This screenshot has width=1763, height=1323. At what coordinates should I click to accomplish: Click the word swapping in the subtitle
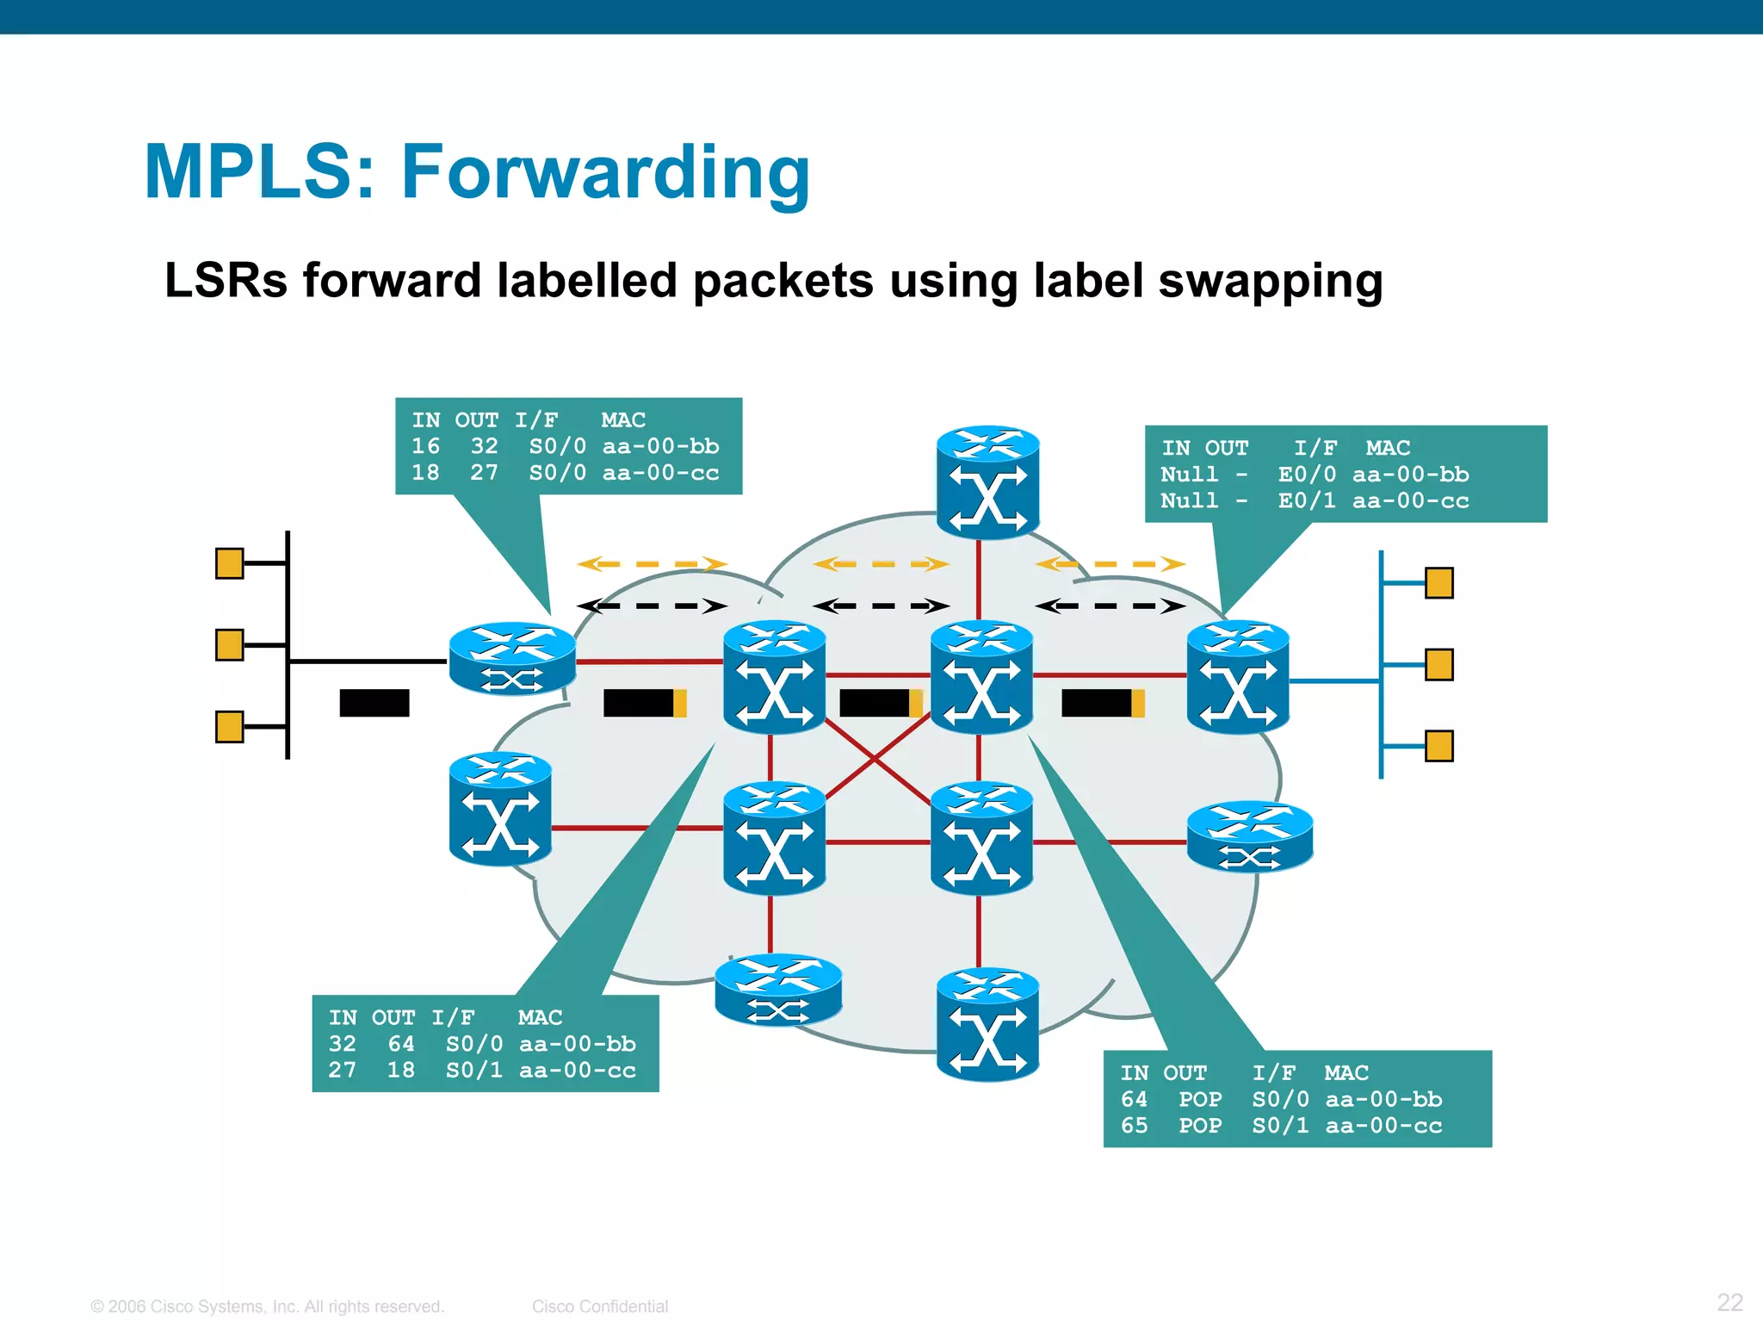click(x=1271, y=282)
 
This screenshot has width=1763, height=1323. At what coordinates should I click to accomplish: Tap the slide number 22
click(x=1729, y=1301)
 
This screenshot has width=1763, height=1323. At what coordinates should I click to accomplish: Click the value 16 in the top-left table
click(x=425, y=446)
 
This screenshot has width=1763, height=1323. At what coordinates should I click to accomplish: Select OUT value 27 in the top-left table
click(x=484, y=473)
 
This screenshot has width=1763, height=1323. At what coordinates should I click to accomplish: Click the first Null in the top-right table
click(x=1189, y=475)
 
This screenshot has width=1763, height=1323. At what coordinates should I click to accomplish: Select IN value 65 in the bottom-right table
click(x=1134, y=1126)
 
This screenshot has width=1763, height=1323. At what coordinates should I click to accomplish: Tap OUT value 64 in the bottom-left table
click(x=401, y=1044)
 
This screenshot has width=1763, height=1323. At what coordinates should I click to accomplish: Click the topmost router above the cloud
click(x=987, y=481)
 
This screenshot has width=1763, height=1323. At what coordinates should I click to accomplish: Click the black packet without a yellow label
click(x=374, y=703)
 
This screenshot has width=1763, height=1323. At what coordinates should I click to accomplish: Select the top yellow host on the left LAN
click(x=229, y=563)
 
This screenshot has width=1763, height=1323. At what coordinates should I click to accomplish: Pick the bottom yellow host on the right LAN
click(x=1438, y=746)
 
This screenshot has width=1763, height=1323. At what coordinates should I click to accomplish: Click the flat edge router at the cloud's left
click(x=512, y=659)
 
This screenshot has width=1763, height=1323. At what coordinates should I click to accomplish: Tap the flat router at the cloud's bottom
click(x=778, y=991)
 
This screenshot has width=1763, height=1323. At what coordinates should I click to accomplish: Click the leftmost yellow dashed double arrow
click(x=652, y=564)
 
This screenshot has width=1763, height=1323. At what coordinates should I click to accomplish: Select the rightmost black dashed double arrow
click(x=1110, y=606)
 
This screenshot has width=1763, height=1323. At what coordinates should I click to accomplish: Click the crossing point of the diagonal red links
click(x=875, y=759)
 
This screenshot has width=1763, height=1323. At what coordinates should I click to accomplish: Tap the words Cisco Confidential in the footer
click(x=599, y=1307)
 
